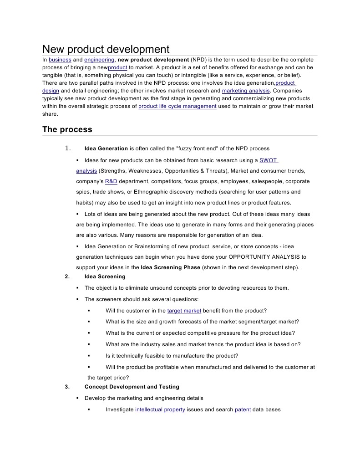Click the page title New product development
click(x=106, y=49)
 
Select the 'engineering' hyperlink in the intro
click(x=99, y=60)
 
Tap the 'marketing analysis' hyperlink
click(x=246, y=91)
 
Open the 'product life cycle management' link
click(x=177, y=106)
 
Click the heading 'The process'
click(x=67, y=129)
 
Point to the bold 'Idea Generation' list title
click(x=106, y=149)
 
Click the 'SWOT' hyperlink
click(x=268, y=160)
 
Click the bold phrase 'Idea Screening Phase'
click(x=171, y=267)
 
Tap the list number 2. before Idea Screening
click(x=67, y=277)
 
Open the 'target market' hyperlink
click(x=184, y=311)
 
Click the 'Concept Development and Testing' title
click(x=132, y=387)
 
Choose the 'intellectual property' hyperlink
click(x=160, y=410)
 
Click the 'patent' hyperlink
click(x=243, y=410)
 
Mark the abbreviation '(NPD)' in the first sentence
click(x=199, y=60)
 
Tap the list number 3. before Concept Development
click(x=67, y=387)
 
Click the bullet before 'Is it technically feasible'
click(x=89, y=356)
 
